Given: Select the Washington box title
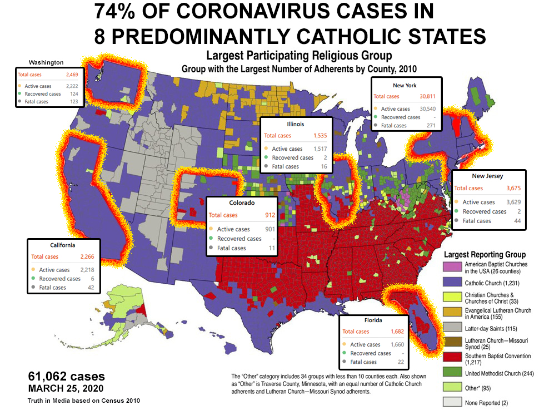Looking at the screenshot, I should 47,62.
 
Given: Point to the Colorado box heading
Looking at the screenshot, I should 242,203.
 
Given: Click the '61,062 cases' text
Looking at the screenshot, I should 66,377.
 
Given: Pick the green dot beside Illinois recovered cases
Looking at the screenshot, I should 266,158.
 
